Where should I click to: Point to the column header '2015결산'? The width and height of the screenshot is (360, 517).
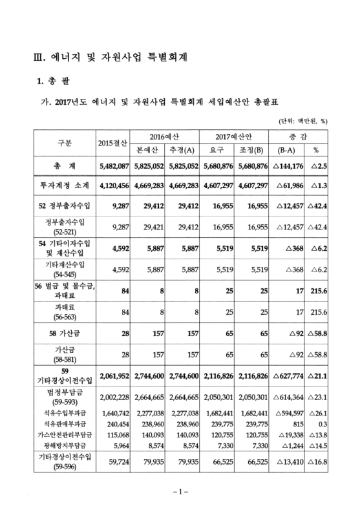pyautogui.click(x=112, y=142)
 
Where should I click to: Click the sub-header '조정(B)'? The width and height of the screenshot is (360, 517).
pyautogui.click(x=266, y=149)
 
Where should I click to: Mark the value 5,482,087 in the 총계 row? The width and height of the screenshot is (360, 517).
pyautogui.click(x=112, y=166)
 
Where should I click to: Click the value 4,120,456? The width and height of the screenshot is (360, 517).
pyautogui.click(x=112, y=185)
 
